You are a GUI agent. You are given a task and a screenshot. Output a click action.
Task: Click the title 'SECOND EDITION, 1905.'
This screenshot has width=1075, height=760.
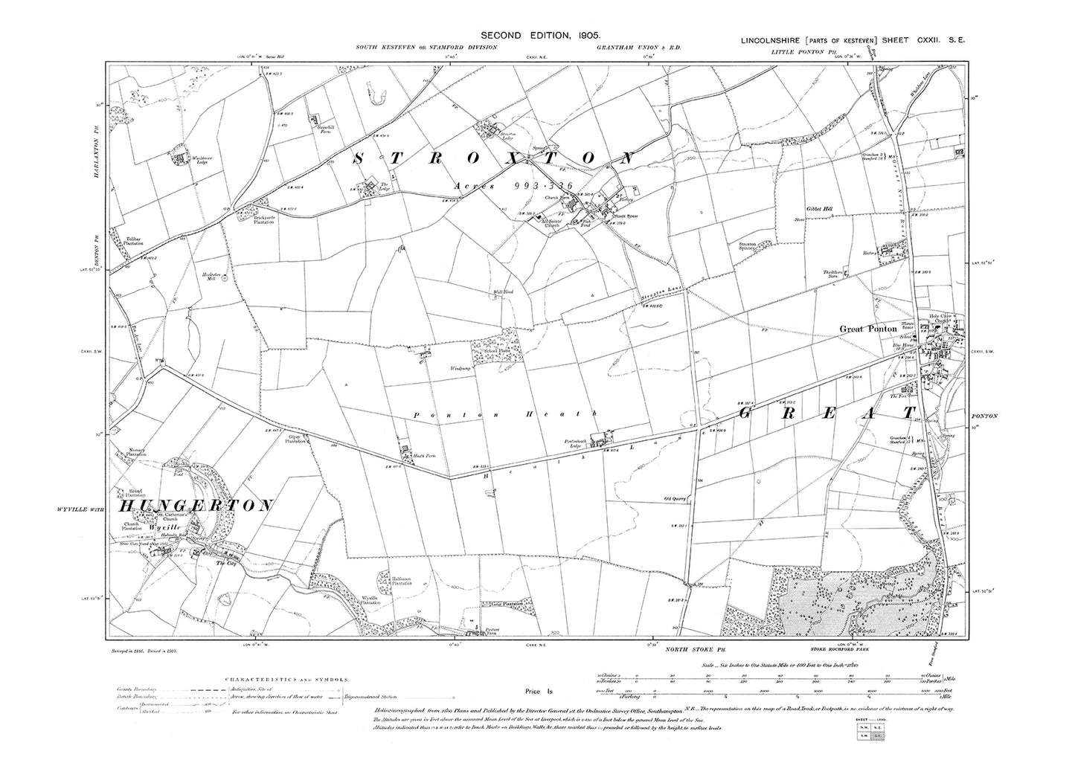536,35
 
